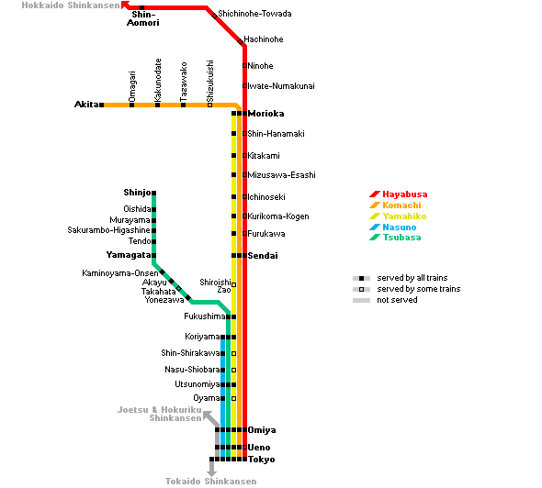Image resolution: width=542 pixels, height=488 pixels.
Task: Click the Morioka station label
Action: [265, 114]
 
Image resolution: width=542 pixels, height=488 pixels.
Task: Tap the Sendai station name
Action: [263, 256]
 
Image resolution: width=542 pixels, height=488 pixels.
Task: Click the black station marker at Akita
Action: [102, 105]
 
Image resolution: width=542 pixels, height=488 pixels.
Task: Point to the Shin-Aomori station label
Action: [143, 18]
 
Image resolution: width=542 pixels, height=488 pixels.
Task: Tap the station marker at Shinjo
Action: [153, 193]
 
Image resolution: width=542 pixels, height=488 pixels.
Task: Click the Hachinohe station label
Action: [264, 39]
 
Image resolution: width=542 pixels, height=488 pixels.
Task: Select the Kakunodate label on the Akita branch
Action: [158, 80]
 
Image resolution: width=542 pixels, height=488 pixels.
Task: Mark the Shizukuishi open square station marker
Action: [209, 105]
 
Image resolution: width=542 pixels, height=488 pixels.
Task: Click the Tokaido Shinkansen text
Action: [211, 481]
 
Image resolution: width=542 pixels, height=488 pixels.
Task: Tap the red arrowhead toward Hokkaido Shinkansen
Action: [126, 6]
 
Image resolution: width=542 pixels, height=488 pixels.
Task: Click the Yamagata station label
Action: [129, 255]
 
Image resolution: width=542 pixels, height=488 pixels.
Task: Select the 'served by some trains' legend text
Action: [419, 289]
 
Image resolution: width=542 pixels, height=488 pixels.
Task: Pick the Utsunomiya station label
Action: [198, 384]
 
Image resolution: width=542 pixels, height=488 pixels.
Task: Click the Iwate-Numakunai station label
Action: [281, 86]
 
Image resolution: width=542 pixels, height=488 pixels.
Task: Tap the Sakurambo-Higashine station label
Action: [109, 230]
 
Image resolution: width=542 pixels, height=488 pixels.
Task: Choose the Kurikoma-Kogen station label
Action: [278, 216]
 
